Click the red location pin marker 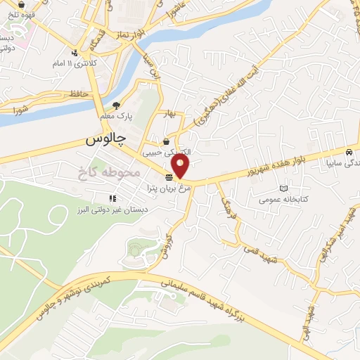(x=181, y=166)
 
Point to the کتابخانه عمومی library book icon (x=283, y=188)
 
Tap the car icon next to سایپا (x=349, y=151)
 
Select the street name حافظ (x=79, y=92)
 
